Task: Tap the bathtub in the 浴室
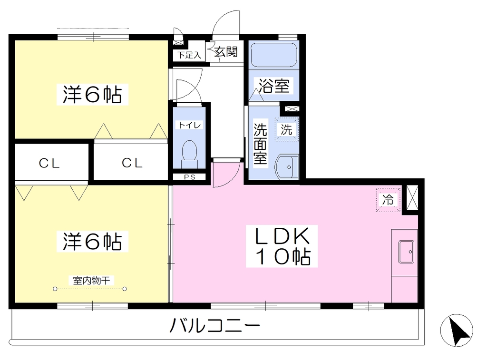(274, 55)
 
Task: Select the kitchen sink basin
(406, 252)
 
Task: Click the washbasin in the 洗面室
(286, 166)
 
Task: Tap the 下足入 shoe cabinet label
(189, 55)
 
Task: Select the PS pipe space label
(190, 177)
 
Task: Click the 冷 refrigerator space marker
(388, 200)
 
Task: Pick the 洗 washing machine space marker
(286, 129)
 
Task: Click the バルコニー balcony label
(214, 325)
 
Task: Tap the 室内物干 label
(91, 281)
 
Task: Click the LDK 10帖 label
(282, 246)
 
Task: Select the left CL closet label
(49, 163)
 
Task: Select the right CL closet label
(132, 163)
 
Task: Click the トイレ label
(189, 125)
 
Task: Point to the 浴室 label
(274, 86)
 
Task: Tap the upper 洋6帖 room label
(92, 95)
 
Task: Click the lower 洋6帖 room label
(92, 241)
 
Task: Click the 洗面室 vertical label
(260, 144)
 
